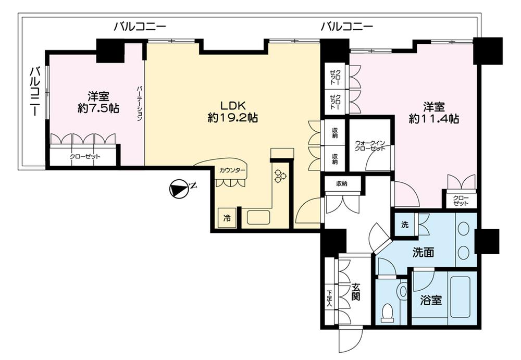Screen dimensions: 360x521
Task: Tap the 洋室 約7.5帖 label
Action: click(x=97, y=102)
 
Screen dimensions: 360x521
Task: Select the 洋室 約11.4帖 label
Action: click(x=433, y=113)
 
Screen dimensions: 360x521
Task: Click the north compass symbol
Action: click(x=179, y=189)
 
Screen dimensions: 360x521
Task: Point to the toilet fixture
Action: click(x=388, y=312)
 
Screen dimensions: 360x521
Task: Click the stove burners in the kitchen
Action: click(x=281, y=176)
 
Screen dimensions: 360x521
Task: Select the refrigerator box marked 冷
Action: click(x=227, y=217)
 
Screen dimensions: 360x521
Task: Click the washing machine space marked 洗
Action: click(x=405, y=225)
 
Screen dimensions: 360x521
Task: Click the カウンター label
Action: click(x=229, y=170)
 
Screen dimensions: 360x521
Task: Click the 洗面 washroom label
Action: click(x=422, y=252)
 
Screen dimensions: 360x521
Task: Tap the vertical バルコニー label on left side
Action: click(x=33, y=92)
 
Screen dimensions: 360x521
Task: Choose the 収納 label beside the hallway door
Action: click(x=341, y=184)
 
